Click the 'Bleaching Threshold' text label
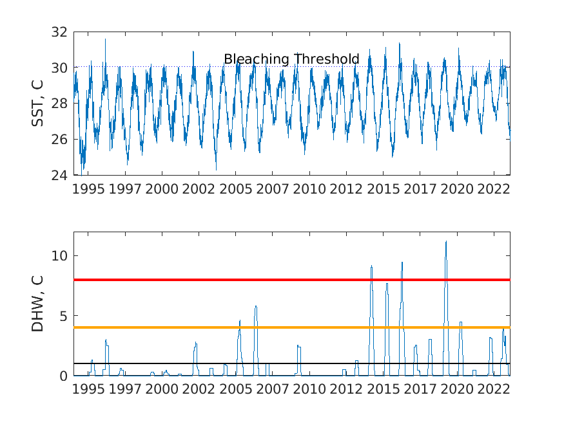[291, 59]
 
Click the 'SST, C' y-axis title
[37, 104]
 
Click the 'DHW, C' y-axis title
[37, 304]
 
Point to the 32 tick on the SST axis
[59, 32]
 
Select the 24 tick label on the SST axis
[59, 175]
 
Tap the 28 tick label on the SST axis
[59, 104]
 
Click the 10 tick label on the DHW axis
[59, 256]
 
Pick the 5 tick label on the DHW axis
[63, 316]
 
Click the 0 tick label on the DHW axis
[63, 376]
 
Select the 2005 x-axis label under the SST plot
[236, 189]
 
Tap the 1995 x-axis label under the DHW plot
[88, 389]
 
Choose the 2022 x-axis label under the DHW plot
[494, 389]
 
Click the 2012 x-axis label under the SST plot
[346, 189]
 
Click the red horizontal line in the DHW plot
[292, 280]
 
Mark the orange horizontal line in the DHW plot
[292, 327]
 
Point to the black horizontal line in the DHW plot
[292, 363]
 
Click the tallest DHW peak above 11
[446, 242]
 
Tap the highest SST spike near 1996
[105, 39]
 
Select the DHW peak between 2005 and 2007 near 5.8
[256, 306]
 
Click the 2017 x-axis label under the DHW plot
[420, 389]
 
